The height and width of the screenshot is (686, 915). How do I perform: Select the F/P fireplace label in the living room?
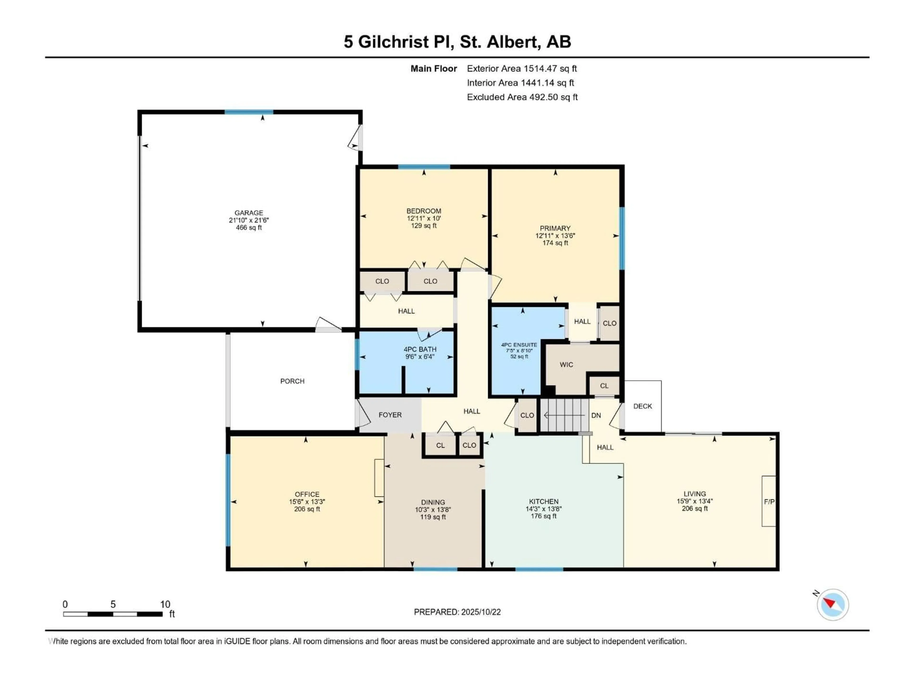tap(769, 502)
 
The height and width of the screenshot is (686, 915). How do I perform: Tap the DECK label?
tap(642, 406)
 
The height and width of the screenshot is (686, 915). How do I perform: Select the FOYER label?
tap(390, 415)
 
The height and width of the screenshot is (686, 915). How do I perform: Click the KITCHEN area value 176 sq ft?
tap(544, 516)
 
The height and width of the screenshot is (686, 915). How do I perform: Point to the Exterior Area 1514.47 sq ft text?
tap(522, 69)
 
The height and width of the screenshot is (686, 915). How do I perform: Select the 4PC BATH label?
tap(420, 349)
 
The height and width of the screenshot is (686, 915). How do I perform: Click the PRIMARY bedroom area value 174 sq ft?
tap(555, 243)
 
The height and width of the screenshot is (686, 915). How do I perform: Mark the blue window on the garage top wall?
tap(249, 112)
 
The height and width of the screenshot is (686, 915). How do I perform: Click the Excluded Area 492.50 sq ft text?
tap(522, 97)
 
